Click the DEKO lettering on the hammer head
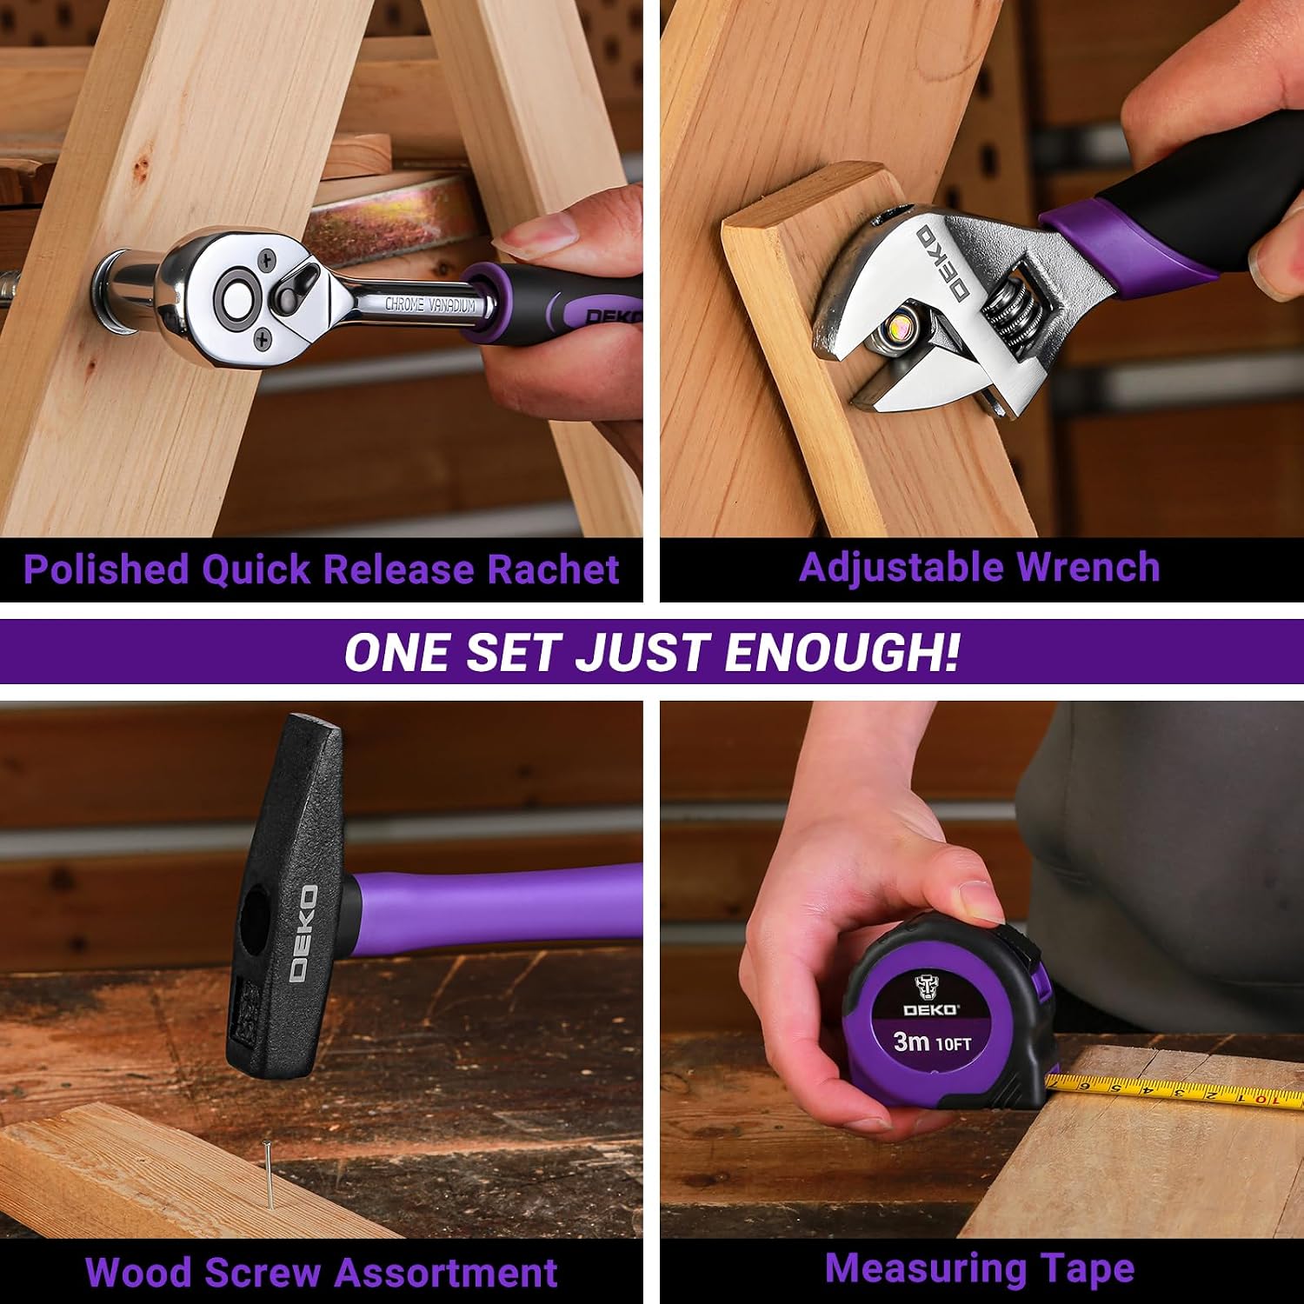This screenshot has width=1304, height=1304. (303, 934)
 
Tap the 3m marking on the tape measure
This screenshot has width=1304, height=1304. (912, 1041)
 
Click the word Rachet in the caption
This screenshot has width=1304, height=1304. (553, 569)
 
